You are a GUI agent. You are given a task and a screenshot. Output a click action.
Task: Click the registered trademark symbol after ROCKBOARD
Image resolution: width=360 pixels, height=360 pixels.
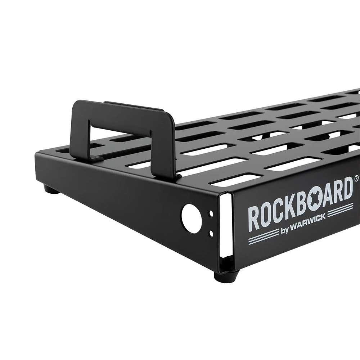tap(356, 178)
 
